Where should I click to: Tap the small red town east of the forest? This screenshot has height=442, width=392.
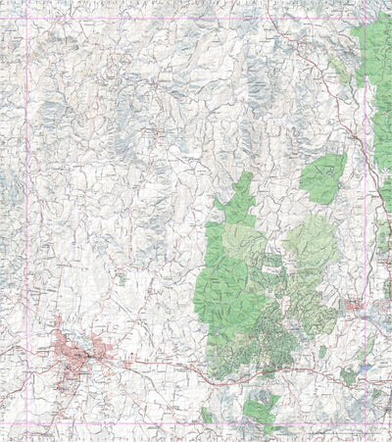click(x=353, y=308)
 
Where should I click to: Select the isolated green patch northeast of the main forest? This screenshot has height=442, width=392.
click(x=322, y=177)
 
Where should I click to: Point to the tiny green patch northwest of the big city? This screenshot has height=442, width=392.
click(x=121, y=279)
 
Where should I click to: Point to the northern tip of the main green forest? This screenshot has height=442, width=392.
click(x=246, y=177)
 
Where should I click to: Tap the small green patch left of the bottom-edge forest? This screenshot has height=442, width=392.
click(x=207, y=416)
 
